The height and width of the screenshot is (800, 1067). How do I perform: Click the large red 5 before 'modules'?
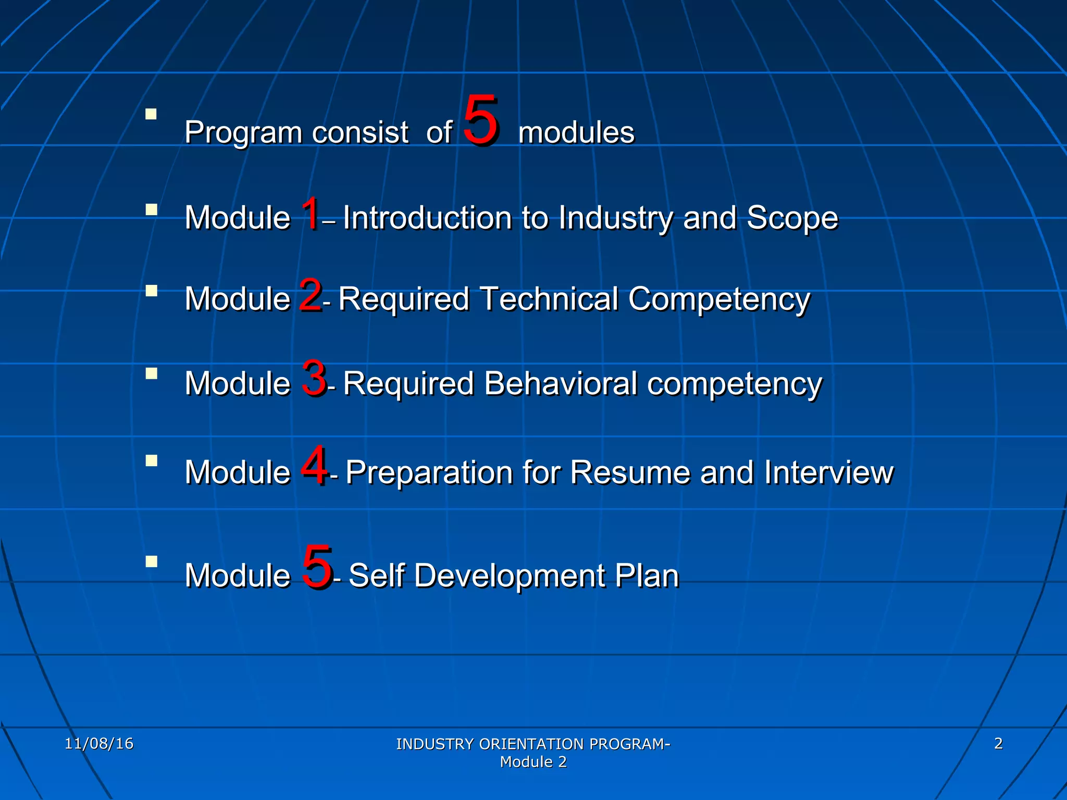[481, 121]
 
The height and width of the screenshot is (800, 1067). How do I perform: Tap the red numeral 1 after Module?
[311, 214]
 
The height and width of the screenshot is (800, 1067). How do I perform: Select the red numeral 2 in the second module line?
[311, 295]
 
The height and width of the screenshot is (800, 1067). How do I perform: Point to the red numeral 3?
[314, 379]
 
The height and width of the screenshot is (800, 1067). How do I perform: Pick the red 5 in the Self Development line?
[317, 567]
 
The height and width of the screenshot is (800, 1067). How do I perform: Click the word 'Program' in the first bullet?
[244, 133]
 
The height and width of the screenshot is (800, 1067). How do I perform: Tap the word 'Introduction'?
[427, 218]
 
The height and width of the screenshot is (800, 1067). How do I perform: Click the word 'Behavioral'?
[561, 384]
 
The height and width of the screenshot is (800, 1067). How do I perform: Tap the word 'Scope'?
[792, 218]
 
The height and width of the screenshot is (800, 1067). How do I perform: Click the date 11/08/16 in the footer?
[99, 743]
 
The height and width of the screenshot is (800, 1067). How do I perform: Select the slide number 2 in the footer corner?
[998, 743]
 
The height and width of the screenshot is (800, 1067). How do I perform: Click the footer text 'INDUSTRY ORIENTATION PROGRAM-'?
[533, 744]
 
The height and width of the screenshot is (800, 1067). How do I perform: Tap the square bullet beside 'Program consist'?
[151, 114]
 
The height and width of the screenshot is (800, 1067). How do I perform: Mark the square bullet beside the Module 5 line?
[151, 561]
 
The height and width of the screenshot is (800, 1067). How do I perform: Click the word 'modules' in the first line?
[576, 133]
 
